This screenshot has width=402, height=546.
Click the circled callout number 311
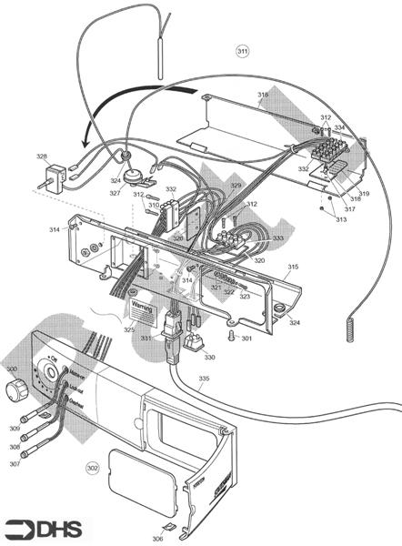click(x=242, y=50)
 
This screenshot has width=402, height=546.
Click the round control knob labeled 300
click(x=15, y=390)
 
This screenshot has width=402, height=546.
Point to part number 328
click(x=42, y=157)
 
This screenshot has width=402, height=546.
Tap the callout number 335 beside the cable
click(x=204, y=378)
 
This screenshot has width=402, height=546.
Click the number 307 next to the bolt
click(x=13, y=464)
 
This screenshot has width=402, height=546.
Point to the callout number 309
click(x=13, y=428)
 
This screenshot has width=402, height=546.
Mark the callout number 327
click(x=116, y=193)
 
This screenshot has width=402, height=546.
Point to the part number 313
click(x=340, y=219)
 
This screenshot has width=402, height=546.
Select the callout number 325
click(x=129, y=329)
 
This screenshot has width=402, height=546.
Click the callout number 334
click(x=338, y=127)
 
